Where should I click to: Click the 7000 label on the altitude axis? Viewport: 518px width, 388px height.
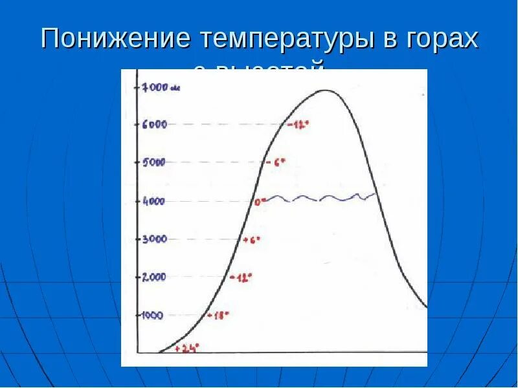pyautogui.click(x=155, y=87)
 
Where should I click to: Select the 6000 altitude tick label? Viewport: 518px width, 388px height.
pyautogui.click(x=155, y=125)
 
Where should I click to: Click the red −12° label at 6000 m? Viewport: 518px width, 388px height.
pyautogui.click(x=298, y=125)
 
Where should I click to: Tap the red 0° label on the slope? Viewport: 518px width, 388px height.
pyautogui.click(x=260, y=202)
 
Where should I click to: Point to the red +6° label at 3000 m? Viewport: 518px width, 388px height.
pyautogui.click(x=251, y=240)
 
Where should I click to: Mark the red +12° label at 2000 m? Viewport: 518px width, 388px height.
pyautogui.click(x=241, y=277)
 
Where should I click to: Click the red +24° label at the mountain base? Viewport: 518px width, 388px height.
pyautogui.click(x=188, y=348)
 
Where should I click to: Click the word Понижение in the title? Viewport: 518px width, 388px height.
pyautogui.click(x=115, y=40)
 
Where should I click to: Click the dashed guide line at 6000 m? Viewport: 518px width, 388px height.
pyautogui.click(x=220, y=125)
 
